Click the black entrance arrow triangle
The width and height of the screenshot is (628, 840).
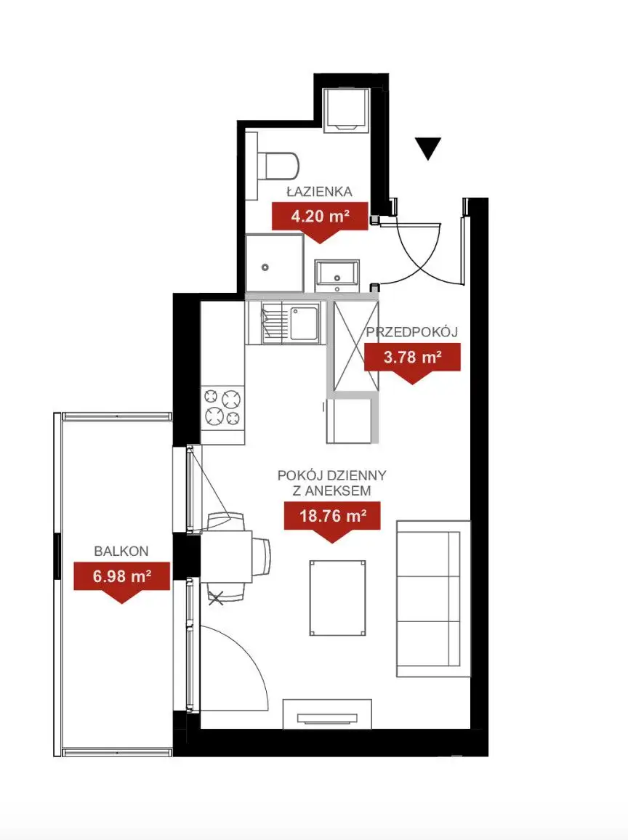coord(427,148)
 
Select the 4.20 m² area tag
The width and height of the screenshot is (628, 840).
coord(320,222)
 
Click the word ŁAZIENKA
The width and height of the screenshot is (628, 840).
coord(319,191)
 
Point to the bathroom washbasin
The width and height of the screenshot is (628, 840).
coord(337,275)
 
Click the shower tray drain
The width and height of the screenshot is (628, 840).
coord(265,267)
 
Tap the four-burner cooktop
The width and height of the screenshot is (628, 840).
coord(223,407)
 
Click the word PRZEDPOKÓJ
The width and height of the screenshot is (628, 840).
coord(412,332)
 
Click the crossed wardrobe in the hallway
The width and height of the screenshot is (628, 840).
coord(356,346)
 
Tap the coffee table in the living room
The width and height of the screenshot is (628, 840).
coord(337,598)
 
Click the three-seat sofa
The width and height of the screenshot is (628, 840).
coord(433,599)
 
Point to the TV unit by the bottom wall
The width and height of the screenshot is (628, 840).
coord(327,714)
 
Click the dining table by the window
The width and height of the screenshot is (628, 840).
coord(226,557)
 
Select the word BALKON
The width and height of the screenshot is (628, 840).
coord(121,551)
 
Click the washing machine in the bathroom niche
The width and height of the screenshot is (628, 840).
coord(347,110)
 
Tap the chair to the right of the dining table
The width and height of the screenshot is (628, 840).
coord(262,557)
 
